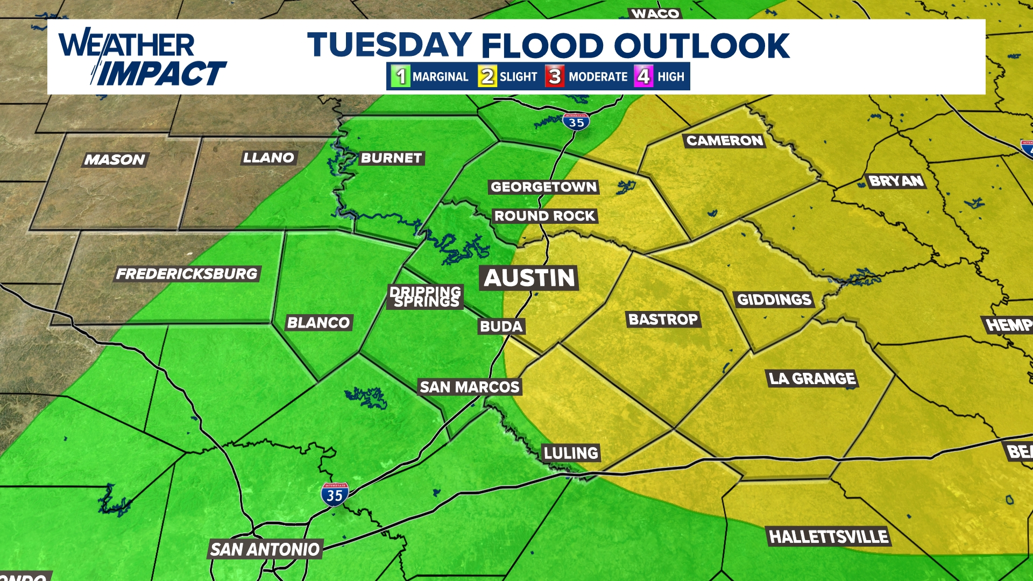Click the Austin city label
click(x=529, y=278)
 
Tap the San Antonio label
click(x=265, y=549)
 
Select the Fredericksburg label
click(x=187, y=274)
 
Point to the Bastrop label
click(x=663, y=320)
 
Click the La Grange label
click(x=812, y=379)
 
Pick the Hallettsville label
click(x=829, y=536)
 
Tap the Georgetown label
click(x=543, y=187)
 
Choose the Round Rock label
click(x=544, y=216)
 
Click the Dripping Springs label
click(x=426, y=296)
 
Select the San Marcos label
click(x=469, y=387)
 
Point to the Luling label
click(x=571, y=453)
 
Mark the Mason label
click(x=115, y=160)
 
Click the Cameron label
click(x=725, y=141)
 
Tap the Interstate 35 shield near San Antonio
click(x=335, y=494)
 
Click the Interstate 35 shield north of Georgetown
click(x=576, y=122)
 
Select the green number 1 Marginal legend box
click(x=401, y=76)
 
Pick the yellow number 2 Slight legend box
click(x=487, y=76)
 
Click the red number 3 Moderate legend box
click(x=555, y=76)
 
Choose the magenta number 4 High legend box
click(x=643, y=76)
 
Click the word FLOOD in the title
click(x=542, y=45)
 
